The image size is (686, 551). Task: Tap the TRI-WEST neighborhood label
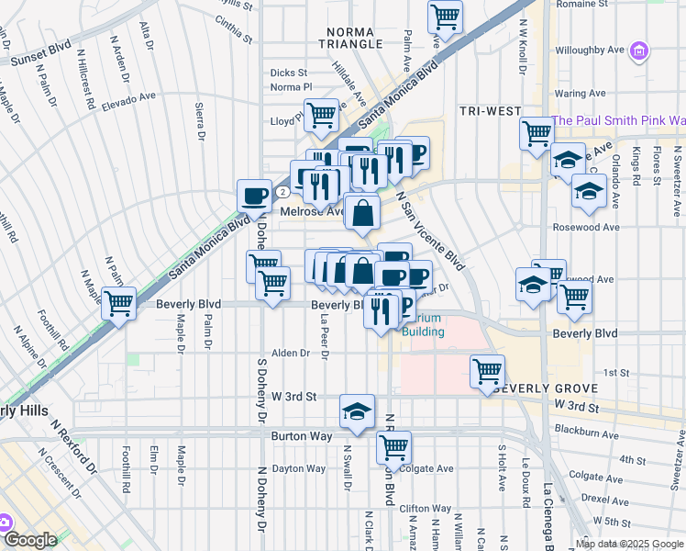488,110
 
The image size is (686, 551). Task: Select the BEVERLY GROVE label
544,389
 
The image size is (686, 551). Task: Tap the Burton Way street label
302,437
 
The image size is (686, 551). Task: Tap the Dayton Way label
299,468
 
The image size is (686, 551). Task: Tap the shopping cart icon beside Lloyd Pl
321,115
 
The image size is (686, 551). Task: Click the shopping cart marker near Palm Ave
445,17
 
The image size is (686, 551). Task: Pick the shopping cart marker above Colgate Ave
393,447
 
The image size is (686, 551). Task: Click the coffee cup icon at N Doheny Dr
255,195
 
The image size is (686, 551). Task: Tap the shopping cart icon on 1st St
487,371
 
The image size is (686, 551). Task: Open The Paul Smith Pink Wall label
617,120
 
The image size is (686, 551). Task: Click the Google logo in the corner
31,540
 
